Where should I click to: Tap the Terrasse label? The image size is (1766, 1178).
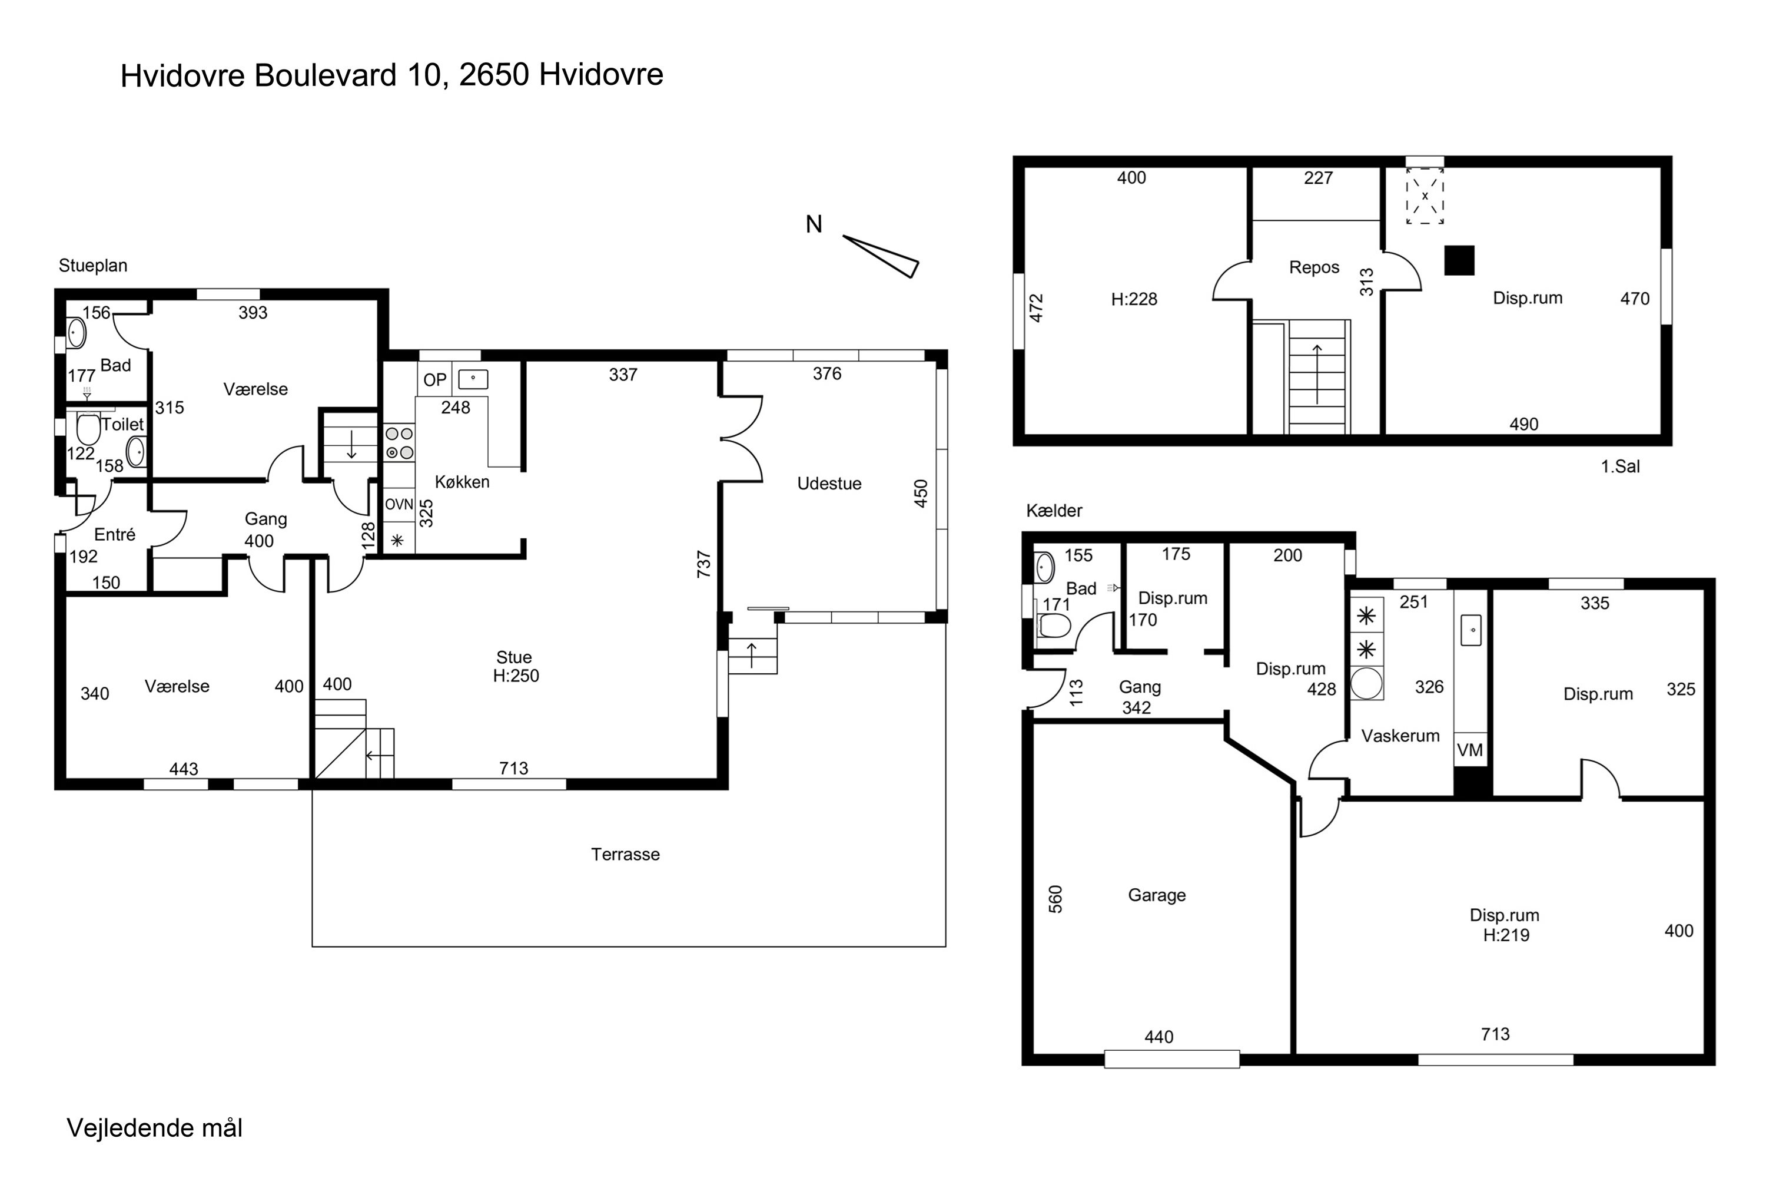(x=625, y=854)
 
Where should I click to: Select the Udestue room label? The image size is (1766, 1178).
(x=829, y=484)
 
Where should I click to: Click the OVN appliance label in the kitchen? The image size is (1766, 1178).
(x=400, y=504)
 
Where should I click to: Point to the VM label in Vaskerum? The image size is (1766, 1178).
(x=1470, y=750)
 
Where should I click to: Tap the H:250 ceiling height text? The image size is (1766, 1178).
(x=516, y=676)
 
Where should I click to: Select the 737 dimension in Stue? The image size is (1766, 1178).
(x=703, y=564)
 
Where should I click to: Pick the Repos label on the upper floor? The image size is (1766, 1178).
(x=1314, y=267)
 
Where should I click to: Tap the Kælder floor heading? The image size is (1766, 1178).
(x=1054, y=511)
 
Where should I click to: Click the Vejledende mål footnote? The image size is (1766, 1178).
(x=155, y=1129)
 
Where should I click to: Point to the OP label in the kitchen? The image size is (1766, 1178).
(x=435, y=380)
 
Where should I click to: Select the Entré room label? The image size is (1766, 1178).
(x=115, y=535)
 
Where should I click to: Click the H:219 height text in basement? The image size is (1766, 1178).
(x=1506, y=935)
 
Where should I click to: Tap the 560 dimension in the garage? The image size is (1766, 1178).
(x=1055, y=899)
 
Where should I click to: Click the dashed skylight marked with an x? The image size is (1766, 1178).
(x=1425, y=196)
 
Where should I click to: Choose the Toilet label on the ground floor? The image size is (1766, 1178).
(x=122, y=425)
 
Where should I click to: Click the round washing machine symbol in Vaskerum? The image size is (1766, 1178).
(x=1366, y=684)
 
